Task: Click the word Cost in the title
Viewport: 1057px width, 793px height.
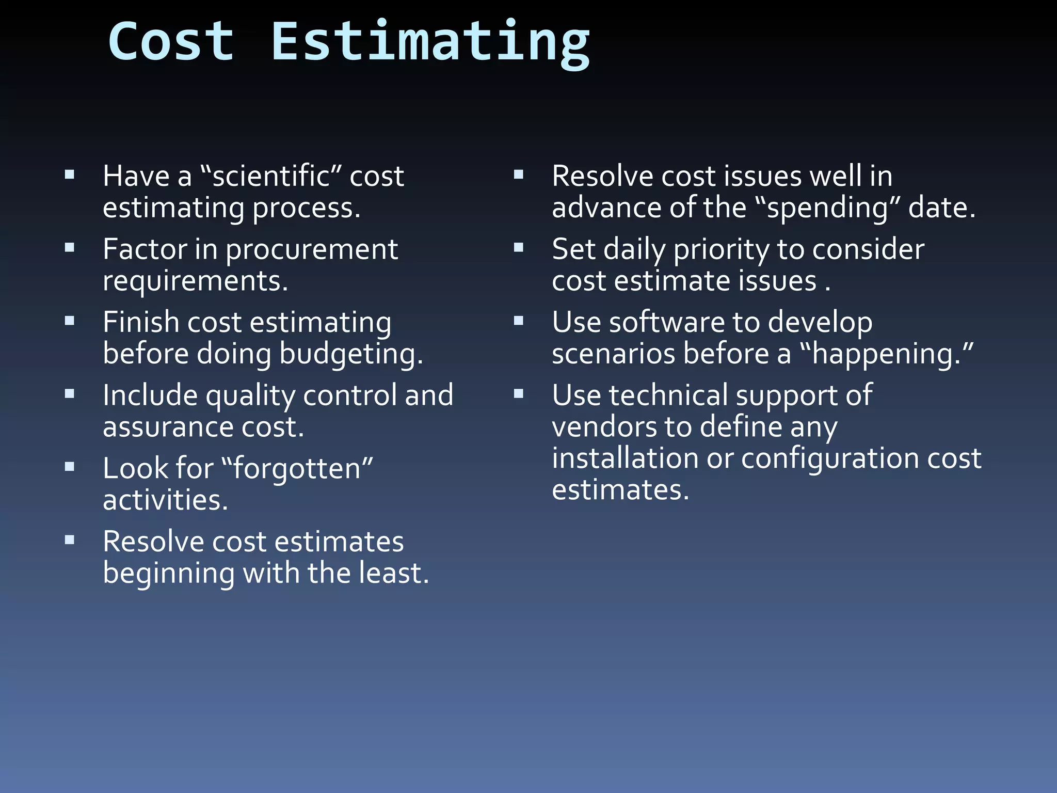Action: pos(171,41)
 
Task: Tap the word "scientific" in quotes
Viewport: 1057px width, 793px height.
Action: pos(270,176)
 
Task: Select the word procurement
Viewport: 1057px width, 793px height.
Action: pos(311,250)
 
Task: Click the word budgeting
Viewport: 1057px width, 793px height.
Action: pos(351,355)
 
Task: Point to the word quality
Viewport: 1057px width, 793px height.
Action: pos(250,396)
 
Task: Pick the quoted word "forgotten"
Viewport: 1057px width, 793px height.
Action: pos(296,469)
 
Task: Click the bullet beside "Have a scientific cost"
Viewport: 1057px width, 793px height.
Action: pos(70,175)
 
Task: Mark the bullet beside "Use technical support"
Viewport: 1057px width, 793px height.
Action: pos(519,394)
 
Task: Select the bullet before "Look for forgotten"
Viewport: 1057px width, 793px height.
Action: pos(70,467)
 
